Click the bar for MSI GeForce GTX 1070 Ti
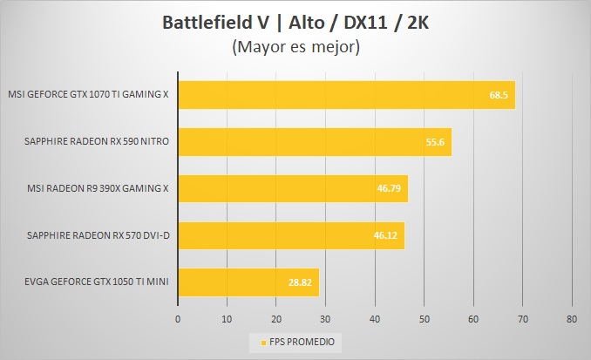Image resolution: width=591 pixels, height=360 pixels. (346, 95)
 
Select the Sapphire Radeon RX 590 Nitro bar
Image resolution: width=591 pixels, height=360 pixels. (315, 141)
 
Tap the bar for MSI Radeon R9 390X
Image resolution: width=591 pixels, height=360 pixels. (293, 188)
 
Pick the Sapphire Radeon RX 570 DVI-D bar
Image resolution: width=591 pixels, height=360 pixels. (291, 235)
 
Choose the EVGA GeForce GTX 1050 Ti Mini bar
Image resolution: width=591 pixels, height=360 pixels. (248, 282)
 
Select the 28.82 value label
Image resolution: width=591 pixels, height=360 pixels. (302, 282)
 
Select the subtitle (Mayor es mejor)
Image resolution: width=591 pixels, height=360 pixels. (295, 47)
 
